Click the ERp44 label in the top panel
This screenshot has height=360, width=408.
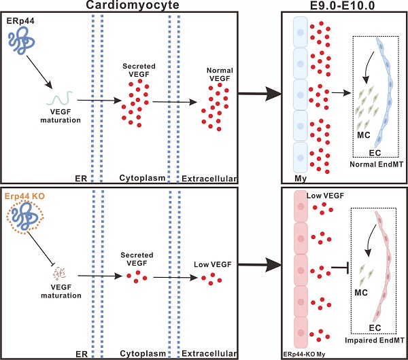[22, 22]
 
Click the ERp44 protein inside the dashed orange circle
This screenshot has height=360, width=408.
[28, 221]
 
